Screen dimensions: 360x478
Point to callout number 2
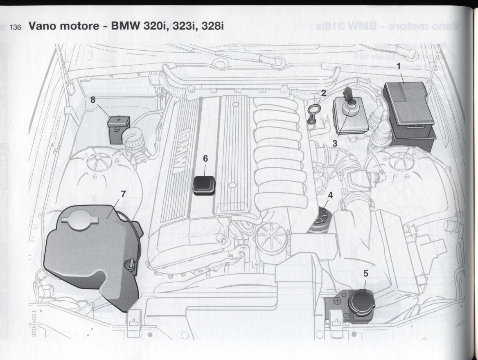tap(323, 93)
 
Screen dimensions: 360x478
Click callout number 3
tap(335, 143)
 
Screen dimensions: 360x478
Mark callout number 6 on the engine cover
tap(205, 158)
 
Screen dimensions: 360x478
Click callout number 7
tap(123, 194)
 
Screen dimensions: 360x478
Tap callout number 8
tap(93, 99)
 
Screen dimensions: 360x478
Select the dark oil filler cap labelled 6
tap(204, 185)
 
